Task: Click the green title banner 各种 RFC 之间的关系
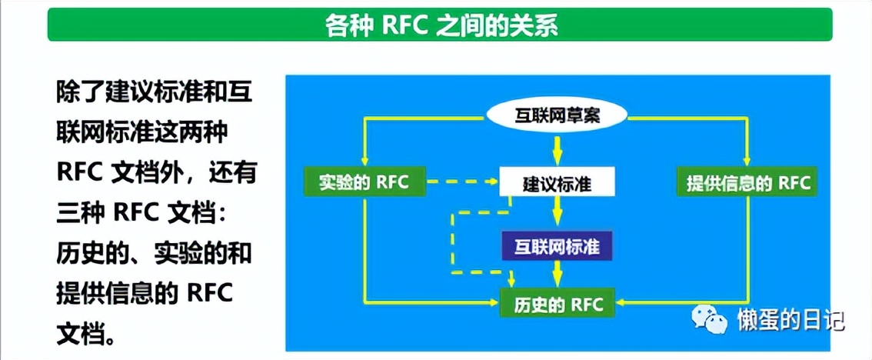pyautogui.click(x=440, y=25)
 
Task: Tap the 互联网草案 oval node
pyautogui.click(x=557, y=117)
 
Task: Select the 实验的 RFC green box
pyautogui.click(x=363, y=183)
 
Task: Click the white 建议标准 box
pyautogui.click(x=557, y=183)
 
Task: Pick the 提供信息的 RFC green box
pyautogui.click(x=747, y=183)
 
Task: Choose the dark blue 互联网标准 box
pyautogui.click(x=557, y=248)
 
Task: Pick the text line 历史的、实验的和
pyautogui.click(x=154, y=254)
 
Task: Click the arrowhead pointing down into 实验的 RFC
pyautogui.click(x=363, y=162)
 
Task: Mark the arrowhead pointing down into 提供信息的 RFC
pyautogui.click(x=747, y=162)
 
